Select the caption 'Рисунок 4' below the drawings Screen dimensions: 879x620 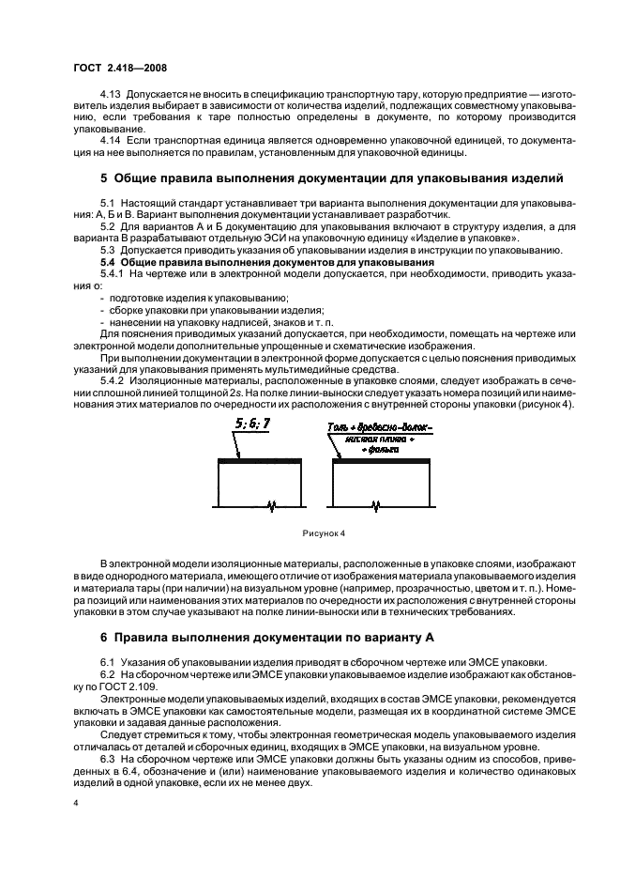point(324,532)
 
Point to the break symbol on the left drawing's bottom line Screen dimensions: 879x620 point(273,507)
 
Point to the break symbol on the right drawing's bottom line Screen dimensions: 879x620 point(377,507)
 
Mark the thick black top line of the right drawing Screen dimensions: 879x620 point(377,460)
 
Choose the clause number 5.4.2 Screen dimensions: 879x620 point(113,367)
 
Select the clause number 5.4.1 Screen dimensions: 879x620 point(113,273)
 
